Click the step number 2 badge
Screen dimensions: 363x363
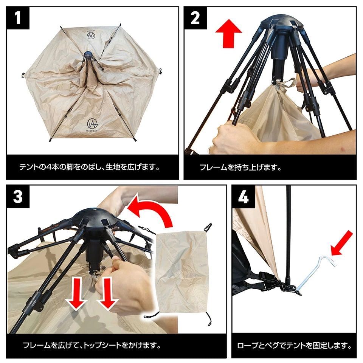click(195, 18)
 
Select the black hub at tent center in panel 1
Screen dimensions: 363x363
click(88, 54)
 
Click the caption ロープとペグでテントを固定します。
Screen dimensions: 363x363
click(294, 345)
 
